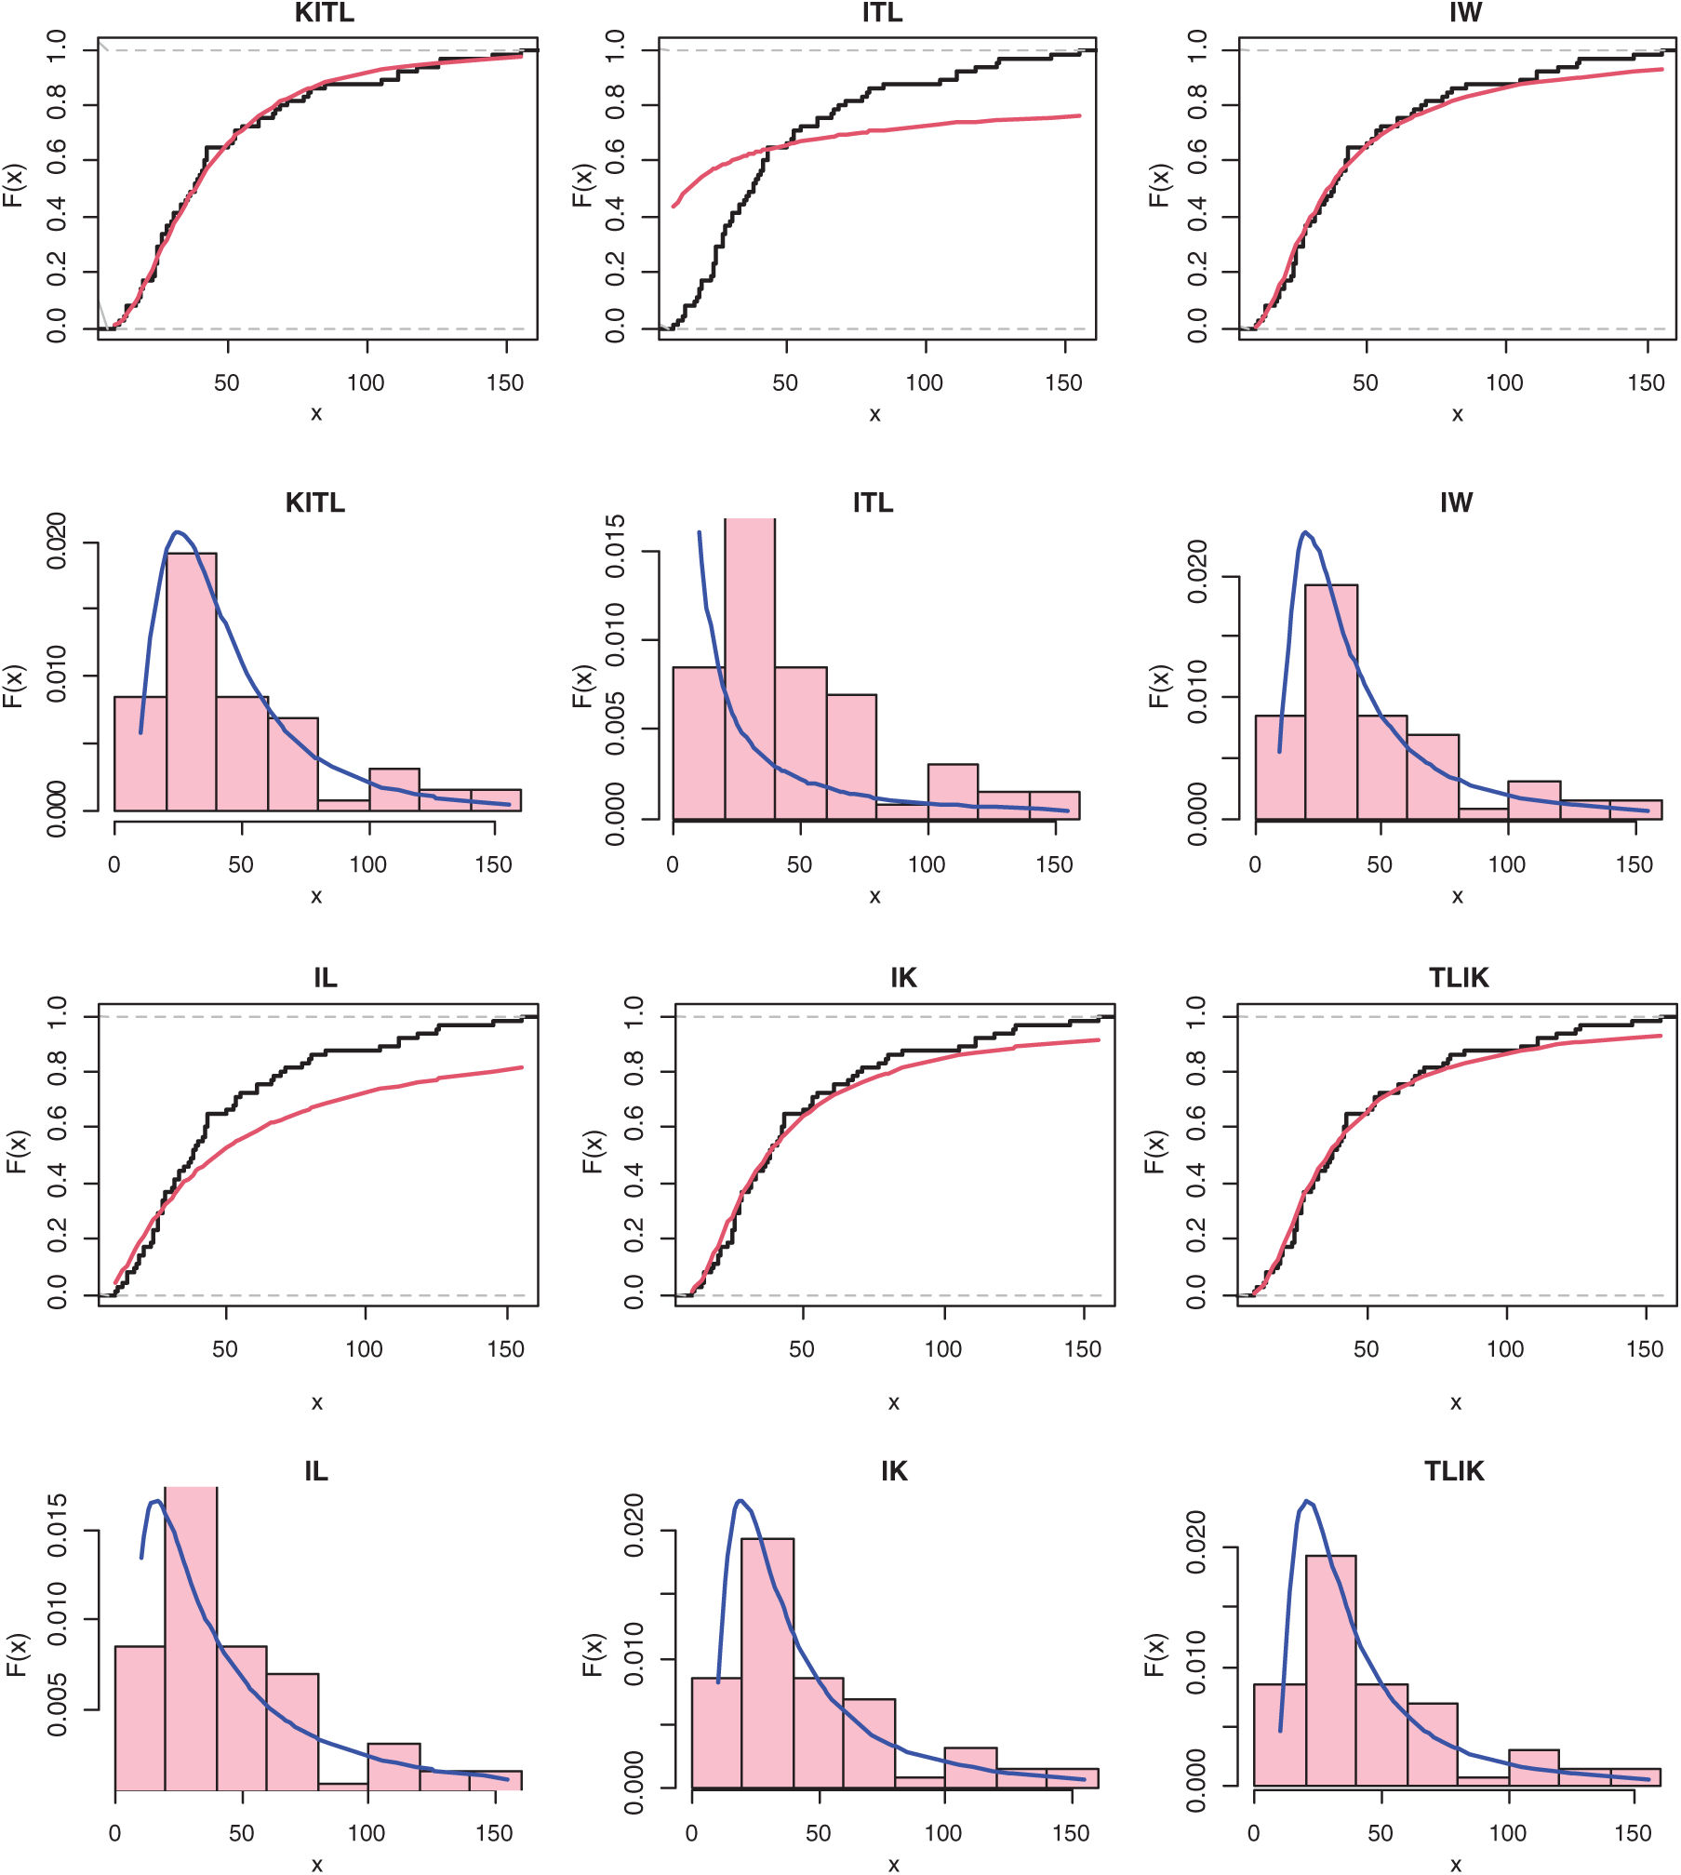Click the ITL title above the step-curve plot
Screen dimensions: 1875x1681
point(881,13)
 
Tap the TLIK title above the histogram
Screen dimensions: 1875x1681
point(1454,1471)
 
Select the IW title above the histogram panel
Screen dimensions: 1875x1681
point(1456,502)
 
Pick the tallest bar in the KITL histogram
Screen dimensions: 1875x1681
point(192,681)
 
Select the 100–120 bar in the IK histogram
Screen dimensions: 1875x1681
point(970,1767)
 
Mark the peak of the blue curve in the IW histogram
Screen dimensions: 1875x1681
point(1306,533)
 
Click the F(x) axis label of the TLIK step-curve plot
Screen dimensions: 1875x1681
point(1154,1152)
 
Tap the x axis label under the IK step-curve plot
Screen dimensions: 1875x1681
point(893,1403)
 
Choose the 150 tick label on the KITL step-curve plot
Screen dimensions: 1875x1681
point(505,382)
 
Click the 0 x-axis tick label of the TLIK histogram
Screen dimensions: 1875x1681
point(1254,1833)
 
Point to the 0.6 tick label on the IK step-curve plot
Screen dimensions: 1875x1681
point(634,1127)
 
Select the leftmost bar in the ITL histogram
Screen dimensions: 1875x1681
point(699,743)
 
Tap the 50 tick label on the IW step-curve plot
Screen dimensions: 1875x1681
point(1365,382)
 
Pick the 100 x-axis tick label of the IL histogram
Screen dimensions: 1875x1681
point(367,1833)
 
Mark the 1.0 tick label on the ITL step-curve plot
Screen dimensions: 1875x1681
point(615,45)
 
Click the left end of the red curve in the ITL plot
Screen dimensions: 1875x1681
point(674,206)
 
